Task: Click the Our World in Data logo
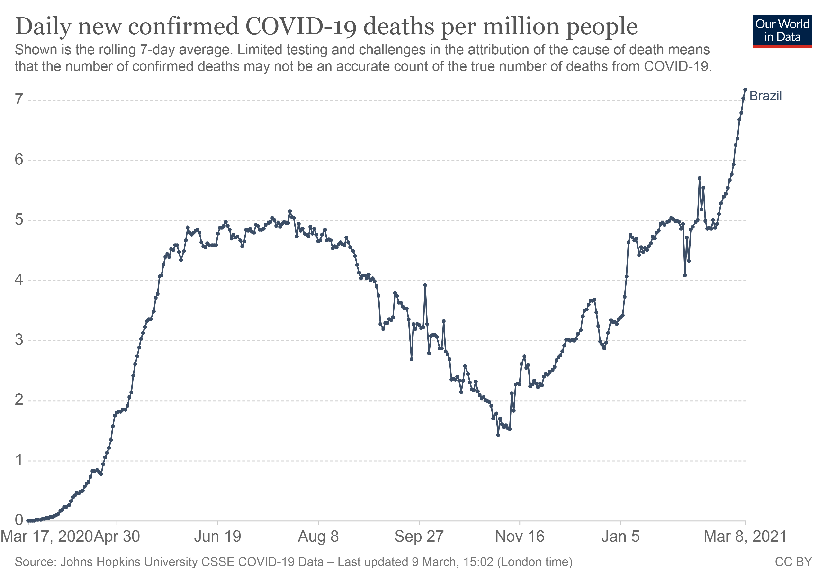pos(782,31)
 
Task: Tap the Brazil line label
pos(765,96)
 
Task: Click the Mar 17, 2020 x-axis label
pos(47,537)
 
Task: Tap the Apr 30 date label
pos(117,537)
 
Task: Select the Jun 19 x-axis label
pos(217,537)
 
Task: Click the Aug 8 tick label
pos(318,537)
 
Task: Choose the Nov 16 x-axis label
pos(520,537)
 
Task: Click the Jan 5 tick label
pos(620,537)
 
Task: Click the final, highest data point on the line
pos(745,89)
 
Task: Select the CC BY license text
pos(793,562)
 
